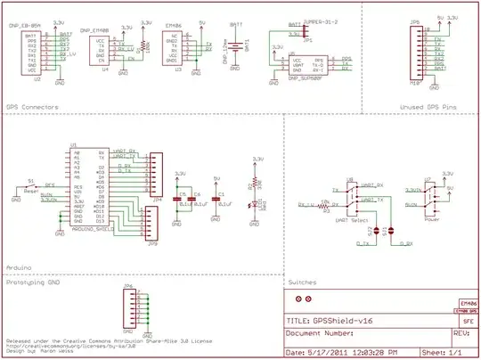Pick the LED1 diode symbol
point(257,209)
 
